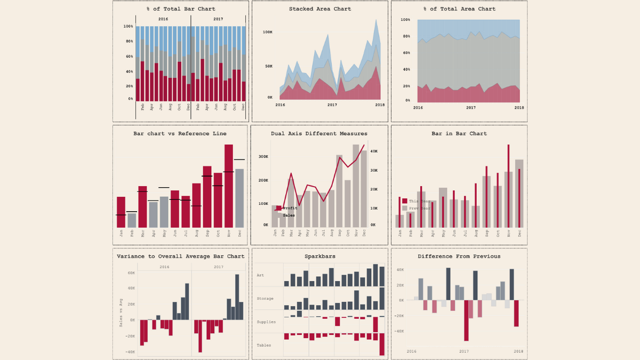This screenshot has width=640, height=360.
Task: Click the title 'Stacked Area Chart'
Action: [x=320, y=9]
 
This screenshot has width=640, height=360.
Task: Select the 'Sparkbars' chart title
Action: [x=320, y=257]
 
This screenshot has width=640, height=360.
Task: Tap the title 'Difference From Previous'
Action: [x=459, y=257]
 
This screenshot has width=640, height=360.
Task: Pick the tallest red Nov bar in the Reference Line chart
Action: [x=229, y=186]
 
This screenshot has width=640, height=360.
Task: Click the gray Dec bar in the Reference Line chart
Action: [x=239, y=198]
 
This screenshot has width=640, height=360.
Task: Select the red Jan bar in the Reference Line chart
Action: [x=121, y=212]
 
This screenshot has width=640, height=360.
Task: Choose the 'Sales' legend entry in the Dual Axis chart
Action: [x=289, y=215]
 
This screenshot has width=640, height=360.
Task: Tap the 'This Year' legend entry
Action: [x=419, y=201]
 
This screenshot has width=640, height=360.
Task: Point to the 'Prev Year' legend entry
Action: [x=419, y=208]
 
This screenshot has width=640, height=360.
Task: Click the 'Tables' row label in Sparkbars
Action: [x=263, y=346]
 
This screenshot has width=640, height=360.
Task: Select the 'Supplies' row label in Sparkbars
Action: [x=266, y=322]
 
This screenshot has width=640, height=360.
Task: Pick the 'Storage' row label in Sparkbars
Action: [x=265, y=299]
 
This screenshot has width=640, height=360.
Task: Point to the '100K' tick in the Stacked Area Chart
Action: [x=268, y=32]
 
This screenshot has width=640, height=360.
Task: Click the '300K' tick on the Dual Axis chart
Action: [x=263, y=157]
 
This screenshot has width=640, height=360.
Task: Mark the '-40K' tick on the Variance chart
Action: [x=130, y=352]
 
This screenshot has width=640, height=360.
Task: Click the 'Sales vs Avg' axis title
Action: [x=121, y=312]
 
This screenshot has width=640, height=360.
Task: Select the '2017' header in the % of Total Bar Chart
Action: [x=218, y=19]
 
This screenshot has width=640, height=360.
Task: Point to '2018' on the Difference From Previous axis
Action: [x=518, y=351]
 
